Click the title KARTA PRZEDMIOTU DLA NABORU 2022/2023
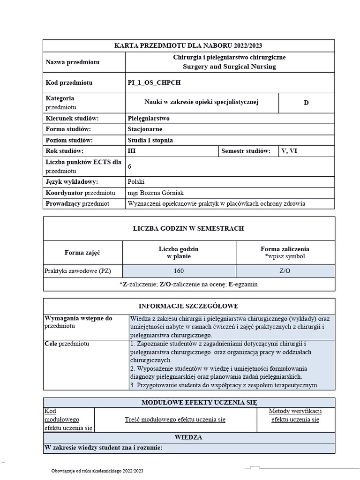click(x=188, y=45)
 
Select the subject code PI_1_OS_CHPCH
click(x=154, y=83)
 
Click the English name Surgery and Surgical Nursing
click(x=230, y=67)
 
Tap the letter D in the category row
click(x=306, y=103)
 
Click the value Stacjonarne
click(x=145, y=129)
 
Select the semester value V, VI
click(x=289, y=151)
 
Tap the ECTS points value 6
click(x=130, y=166)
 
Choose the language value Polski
click(x=136, y=182)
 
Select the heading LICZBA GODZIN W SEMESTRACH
click(x=188, y=229)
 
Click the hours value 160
click(x=179, y=271)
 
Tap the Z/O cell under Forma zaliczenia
click(x=285, y=271)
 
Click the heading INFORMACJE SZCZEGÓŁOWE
click(x=189, y=306)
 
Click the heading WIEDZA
click(x=188, y=437)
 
